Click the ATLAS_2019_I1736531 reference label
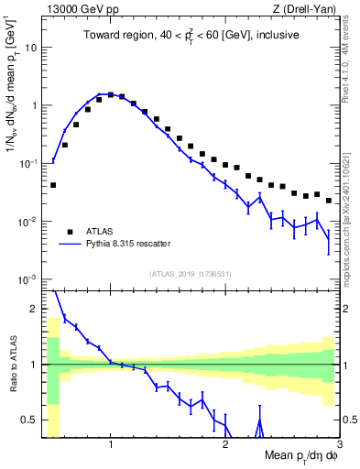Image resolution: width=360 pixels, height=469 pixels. click(191, 272)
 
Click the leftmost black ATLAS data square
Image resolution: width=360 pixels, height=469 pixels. click(53, 185)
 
